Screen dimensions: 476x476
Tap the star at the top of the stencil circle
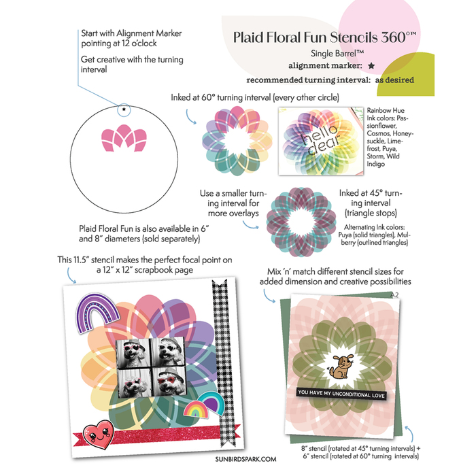click(x=124, y=109)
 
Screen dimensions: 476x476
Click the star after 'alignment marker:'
click(x=371, y=66)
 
